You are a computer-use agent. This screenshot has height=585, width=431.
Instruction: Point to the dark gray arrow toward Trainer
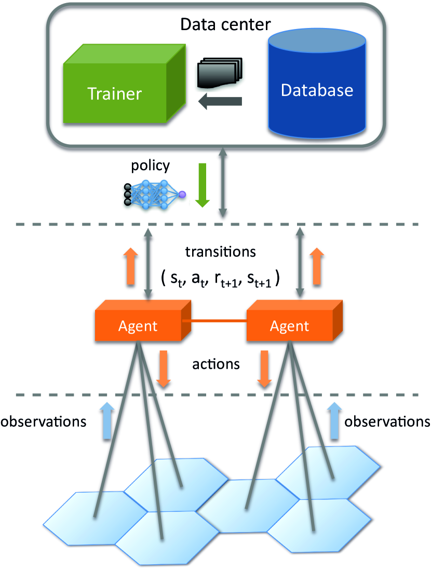[x=221, y=102]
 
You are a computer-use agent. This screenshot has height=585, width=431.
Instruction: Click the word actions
[x=216, y=364]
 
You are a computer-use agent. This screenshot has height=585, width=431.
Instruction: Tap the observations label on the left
[x=43, y=421]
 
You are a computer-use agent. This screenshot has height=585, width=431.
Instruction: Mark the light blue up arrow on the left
[x=106, y=420]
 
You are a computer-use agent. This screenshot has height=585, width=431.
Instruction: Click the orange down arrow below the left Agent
[x=164, y=368]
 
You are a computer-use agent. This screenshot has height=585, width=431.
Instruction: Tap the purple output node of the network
[x=182, y=194]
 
